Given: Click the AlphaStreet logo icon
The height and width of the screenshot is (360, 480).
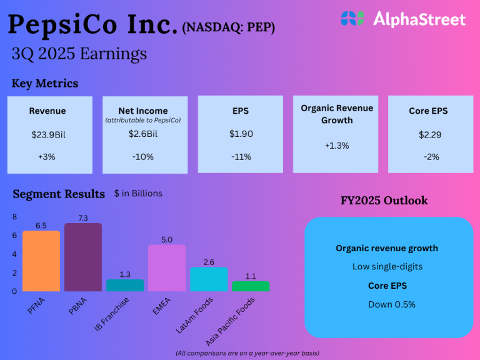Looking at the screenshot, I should [x=352, y=19].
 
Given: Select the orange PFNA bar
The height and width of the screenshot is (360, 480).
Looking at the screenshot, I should [x=41, y=261].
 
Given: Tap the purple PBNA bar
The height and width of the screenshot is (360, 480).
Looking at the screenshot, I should [x=83, y=257].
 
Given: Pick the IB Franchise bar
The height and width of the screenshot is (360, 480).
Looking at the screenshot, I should [x=125, y=285].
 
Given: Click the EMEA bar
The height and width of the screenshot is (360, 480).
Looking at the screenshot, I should [x=167, y=268].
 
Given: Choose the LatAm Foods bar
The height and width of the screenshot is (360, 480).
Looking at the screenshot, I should [x=209, y=279].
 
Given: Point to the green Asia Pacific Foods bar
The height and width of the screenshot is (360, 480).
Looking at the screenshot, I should [x=251, y=286].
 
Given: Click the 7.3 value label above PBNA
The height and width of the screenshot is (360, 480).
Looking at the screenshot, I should [x=83, y=217].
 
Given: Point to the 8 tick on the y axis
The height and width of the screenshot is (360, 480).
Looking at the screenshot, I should [x=15, y=216].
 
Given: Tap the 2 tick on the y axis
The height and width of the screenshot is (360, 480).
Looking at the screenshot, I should [x=15, y=272].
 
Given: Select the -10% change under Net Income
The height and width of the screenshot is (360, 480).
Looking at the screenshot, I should [x=142, y=157].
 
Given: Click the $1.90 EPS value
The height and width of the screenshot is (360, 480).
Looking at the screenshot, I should [x=240, y=134].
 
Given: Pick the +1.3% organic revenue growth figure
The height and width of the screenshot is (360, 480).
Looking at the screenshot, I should [x=336, y=146].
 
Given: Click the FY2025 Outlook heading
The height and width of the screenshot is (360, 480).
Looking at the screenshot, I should [x=384, y=201].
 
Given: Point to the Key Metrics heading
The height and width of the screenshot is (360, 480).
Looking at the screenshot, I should [x=45, y=84].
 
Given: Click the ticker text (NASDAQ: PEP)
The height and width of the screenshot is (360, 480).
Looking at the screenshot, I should [x=228, y=27].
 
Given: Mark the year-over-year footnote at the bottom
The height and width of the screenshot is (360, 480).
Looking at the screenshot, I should [x=247, y=353].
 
